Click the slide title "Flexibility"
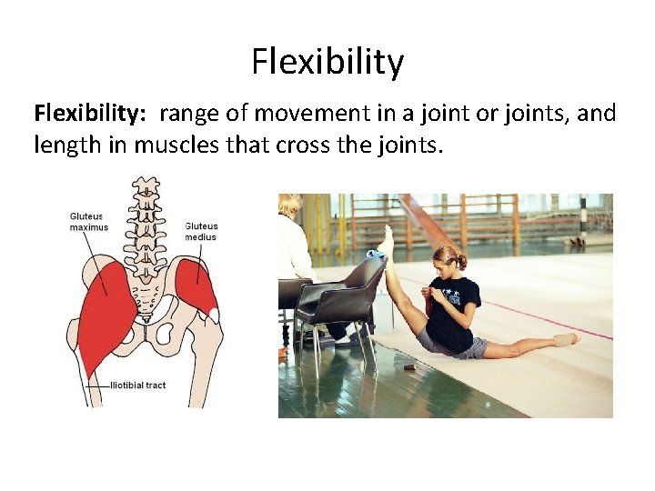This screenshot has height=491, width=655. (x=327, y=62)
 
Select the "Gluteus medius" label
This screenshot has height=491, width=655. (x=200, y=231)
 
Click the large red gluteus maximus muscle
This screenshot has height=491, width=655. (x=105, y=309)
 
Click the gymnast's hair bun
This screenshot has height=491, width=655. (x=463, y=261)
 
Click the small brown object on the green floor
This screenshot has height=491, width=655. (x=409, y=366)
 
